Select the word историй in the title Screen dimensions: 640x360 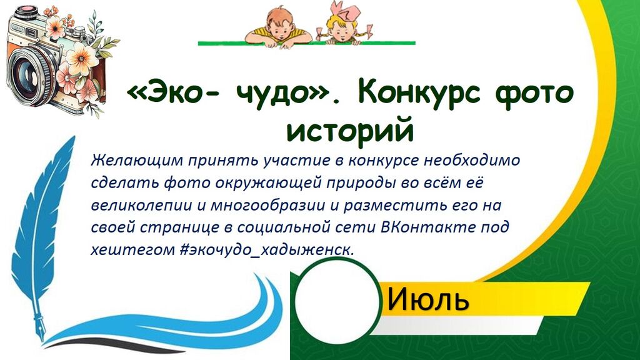tap(351, 131)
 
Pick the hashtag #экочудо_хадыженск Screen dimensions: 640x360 tap(266, 249)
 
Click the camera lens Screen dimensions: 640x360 tap(30, 72)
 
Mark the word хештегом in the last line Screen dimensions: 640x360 tap(132, 249)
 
